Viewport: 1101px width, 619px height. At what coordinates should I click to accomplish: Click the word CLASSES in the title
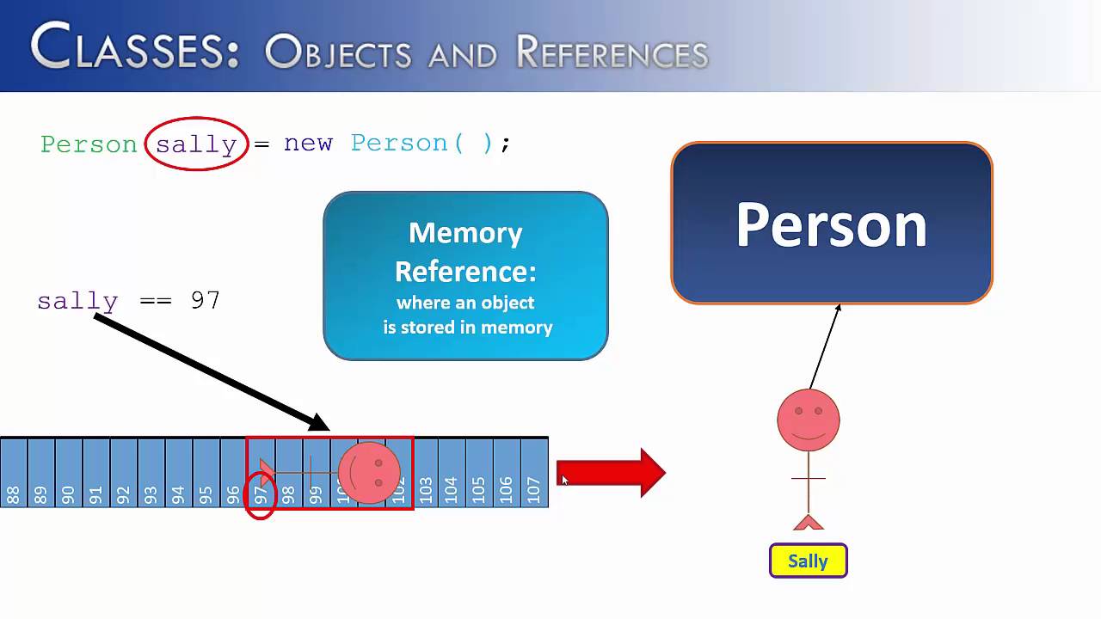(x=134, y=47)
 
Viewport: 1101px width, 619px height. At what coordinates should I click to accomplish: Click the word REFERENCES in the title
(x=612, y=53)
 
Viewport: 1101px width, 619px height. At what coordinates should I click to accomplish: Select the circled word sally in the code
(x=196, y=144)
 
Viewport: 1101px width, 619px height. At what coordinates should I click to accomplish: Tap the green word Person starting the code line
(x=89, y=144)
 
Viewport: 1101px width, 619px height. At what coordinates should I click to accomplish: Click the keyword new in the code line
(x=308, y=143)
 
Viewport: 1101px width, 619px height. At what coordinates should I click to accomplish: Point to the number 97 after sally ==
(x=206, y=300)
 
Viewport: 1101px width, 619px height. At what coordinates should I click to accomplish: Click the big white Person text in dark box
(x=831, y=225)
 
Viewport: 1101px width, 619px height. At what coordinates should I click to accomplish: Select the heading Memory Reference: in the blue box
(x=465, y=252)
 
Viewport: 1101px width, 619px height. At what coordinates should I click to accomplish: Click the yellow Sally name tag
(x=808, y=561)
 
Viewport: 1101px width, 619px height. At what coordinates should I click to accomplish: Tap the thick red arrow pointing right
(x=611, y=474)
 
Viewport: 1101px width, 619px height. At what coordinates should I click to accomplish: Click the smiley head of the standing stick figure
(x=809, y=420)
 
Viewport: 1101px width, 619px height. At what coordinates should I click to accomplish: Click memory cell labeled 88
(x=14, y=474)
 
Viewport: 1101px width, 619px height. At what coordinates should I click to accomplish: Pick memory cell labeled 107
(x=534, y=474)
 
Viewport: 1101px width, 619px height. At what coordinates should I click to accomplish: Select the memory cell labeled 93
(x=151, y=474)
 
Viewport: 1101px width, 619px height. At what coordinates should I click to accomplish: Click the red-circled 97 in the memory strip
(x=261, y=494)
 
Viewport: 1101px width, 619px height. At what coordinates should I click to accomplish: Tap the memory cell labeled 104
(x=452, y=474)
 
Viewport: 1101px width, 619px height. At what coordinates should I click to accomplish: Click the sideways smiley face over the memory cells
(x=369, y=473)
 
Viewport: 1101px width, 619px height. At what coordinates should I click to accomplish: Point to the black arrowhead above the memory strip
(x=319, y=422)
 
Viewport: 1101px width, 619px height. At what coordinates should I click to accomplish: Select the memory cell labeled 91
(x=96, y=474)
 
